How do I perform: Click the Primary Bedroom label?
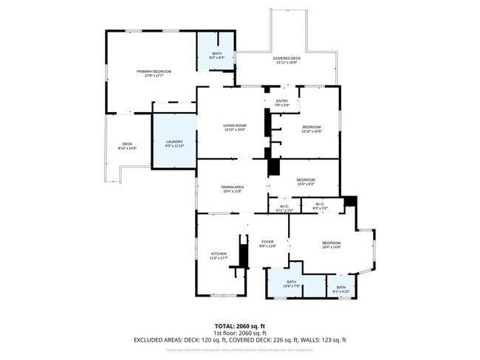click(x=154, y=72)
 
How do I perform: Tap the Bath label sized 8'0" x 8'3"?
click(x=216, y=54)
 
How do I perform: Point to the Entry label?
click(x=282, y=101)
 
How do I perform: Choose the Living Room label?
click(x=235, y=126)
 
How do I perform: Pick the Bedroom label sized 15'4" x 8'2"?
click(x=306, y=180)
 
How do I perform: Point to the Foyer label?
click(x=267, y=242)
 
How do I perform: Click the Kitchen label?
click(x=219, y=255)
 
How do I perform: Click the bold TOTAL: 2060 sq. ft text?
click(x=240, y=325)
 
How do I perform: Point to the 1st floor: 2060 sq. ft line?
click(x=240, y=333)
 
